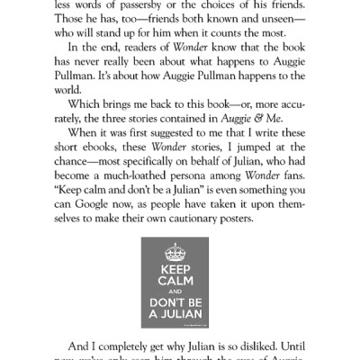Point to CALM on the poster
click(x=180, y=284)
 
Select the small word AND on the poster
click(x=180, y=294)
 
